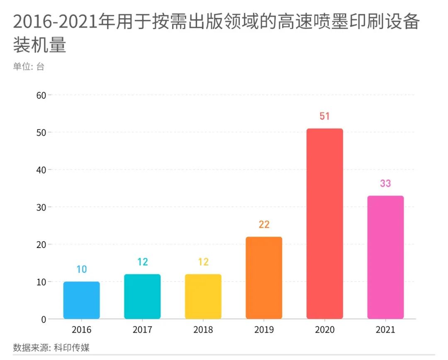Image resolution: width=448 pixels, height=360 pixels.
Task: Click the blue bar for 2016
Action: pos(81,300)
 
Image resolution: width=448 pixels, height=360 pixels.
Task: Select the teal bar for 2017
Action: pos(142,296)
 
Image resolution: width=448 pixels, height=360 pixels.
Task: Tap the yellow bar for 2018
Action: pos(203,296)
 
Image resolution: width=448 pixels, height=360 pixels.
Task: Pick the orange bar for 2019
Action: pos(264,278)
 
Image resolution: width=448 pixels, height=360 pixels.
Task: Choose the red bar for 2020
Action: pos(324,224)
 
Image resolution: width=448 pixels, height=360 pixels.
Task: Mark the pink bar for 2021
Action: pos(385,257)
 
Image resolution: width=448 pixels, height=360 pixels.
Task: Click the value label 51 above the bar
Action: pos(324,116)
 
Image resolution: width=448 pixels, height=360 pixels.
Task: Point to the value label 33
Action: pos(385,184)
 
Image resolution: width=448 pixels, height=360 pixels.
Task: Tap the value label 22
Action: pos(264,225)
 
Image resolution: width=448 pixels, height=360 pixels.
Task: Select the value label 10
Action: pos(81,269)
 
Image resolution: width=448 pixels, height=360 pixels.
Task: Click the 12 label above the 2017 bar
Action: pos(142,262)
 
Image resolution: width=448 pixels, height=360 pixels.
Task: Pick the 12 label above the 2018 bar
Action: pos(203,262)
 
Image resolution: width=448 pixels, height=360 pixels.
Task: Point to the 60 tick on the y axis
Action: pos(41,95)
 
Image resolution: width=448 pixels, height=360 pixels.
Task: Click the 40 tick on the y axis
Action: pos(41,170)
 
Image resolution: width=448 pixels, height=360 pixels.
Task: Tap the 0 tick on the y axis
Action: pos(43,319)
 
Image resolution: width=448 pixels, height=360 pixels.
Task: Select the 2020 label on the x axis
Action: pos(324,330)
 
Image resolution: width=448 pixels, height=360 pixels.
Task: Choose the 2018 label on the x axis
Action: pos(203,330)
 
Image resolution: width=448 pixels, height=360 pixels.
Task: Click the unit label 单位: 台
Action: pos(28,66)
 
